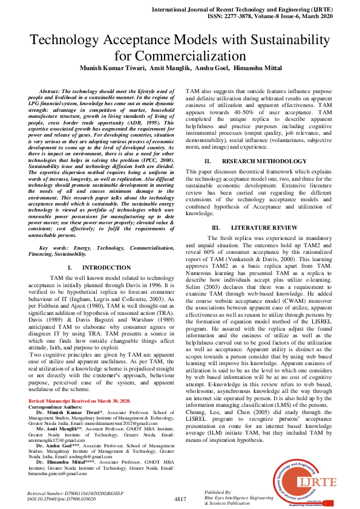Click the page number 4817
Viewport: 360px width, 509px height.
180,498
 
